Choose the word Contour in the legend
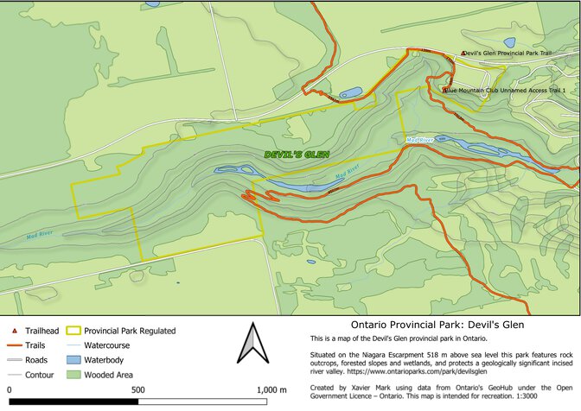pos(40,375)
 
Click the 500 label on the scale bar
pos(137,390)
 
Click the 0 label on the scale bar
pos(9,390)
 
